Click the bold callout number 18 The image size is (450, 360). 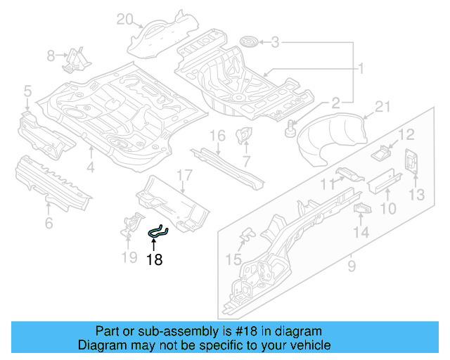point(154,259)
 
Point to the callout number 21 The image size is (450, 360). point(382,107)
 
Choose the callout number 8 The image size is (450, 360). point(51,56)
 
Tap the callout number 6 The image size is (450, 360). point(48,224)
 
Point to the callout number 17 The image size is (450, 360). point(184,175)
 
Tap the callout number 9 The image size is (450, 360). point(351,266)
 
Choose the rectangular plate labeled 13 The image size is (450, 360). point(410,162)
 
